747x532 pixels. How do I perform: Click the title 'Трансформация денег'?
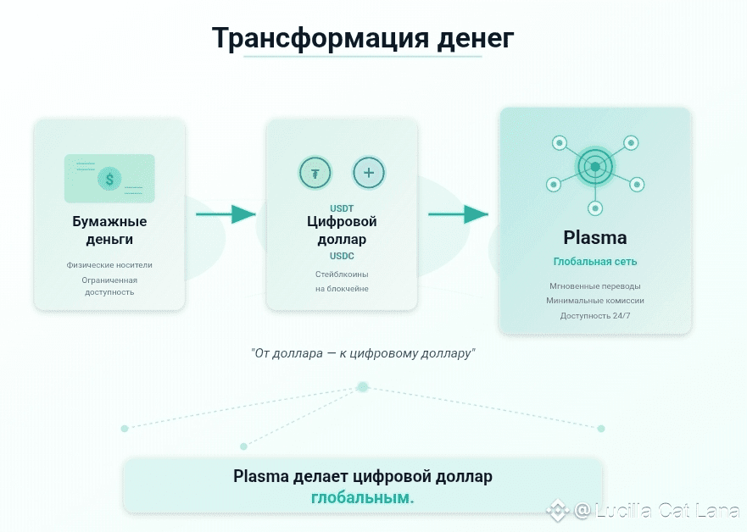362,38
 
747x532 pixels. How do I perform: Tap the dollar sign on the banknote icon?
109,178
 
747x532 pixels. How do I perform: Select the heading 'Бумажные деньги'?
109,230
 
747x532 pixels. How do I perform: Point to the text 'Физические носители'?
109,265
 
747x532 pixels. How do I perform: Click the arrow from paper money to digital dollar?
226,214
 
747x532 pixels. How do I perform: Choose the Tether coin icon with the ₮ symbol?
315,173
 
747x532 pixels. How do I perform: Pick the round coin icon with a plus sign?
368,173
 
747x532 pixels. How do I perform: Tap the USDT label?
342,208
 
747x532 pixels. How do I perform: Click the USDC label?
342,255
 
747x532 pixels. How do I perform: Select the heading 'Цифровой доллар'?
342,230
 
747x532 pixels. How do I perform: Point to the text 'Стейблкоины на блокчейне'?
342,281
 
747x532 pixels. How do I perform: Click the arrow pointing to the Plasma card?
458,214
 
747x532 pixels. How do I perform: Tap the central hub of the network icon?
595,167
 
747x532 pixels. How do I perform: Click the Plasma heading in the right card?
595,237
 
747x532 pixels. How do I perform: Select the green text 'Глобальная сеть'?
595,262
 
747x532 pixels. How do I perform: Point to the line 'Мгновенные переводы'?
595,285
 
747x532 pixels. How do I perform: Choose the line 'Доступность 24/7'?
595,315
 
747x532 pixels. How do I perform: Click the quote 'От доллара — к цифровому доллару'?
363,352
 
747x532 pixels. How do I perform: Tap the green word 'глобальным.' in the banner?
363,498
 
